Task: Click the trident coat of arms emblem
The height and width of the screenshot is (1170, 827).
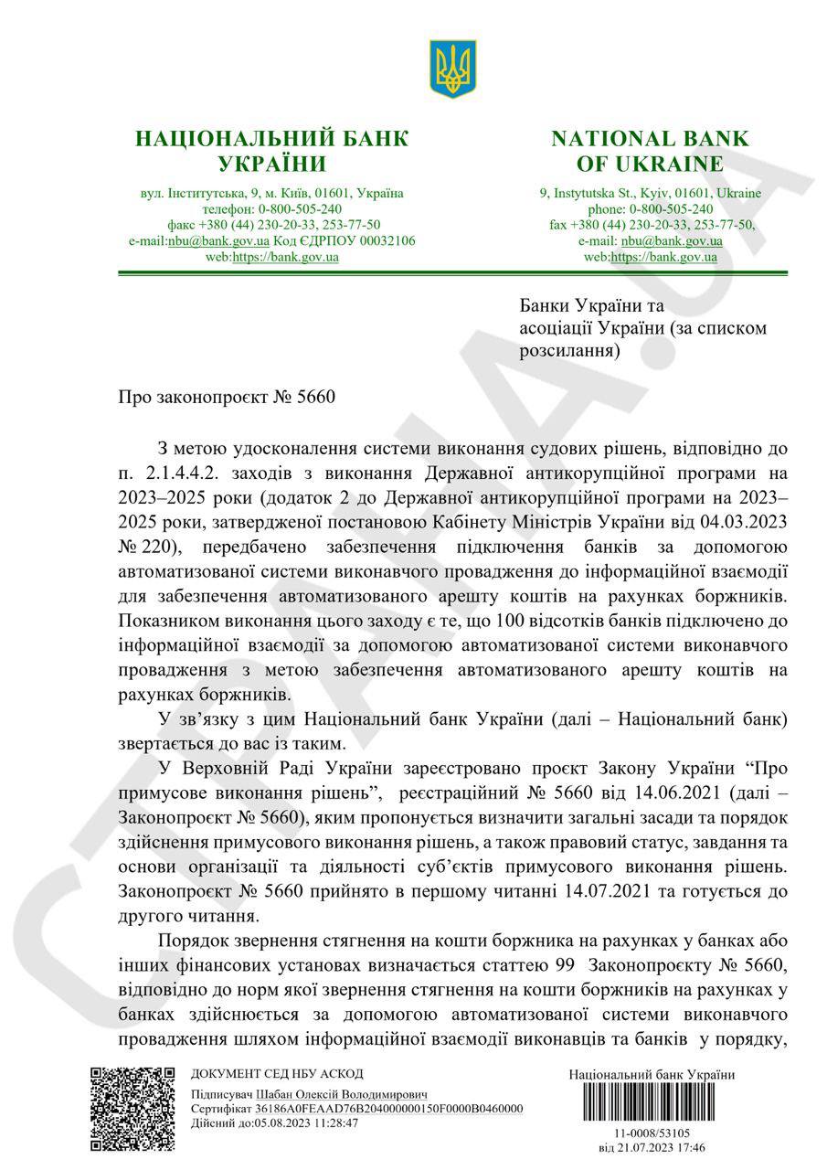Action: click(x=453, y=69)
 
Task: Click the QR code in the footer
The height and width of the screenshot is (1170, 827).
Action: click(x=131, y=1108)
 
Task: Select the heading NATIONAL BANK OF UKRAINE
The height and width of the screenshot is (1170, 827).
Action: click(x=650, y=151)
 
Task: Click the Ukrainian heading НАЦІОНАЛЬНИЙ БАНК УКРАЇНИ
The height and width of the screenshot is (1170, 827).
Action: click(x=271, y=151)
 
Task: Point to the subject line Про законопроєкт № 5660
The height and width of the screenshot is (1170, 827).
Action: click(x=228, y=399)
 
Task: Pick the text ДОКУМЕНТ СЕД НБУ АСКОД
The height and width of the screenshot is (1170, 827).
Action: click(x=277, y=1074)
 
